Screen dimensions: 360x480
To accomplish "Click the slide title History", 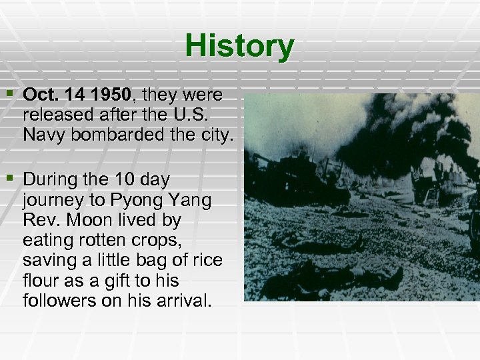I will click(x=239, y=46).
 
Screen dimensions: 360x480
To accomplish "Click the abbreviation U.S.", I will click(x=194, y=115).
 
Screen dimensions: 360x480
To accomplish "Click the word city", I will click(x=211, y=135).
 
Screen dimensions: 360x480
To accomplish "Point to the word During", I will click(x=52, y=180).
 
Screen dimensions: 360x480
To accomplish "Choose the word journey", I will click(x=52, y=201).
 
